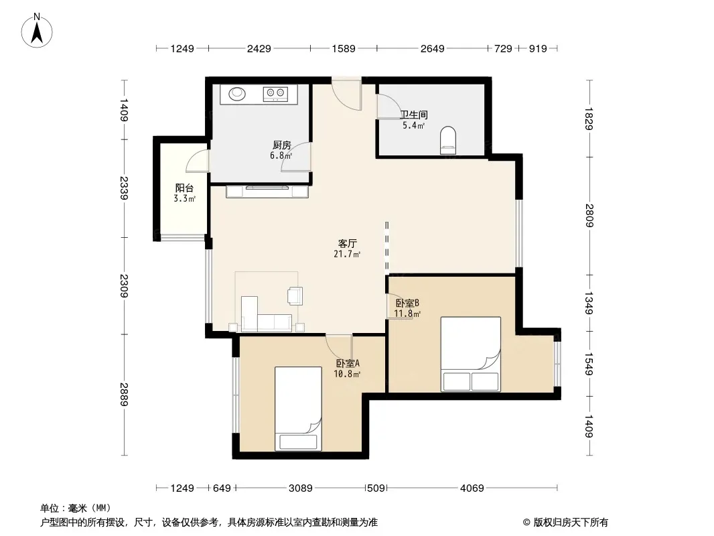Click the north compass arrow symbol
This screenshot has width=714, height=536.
pos(37,30)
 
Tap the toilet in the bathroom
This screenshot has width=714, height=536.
pos(448,140)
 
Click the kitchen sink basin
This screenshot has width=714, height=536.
pos(237,94)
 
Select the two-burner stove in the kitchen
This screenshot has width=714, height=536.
pos(275,94)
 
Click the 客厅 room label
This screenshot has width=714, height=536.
pos(347,244)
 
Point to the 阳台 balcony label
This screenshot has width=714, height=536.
pos(184,188)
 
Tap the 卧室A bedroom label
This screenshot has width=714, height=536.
pos(348,363)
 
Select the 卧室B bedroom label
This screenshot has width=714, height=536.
pos(407,303)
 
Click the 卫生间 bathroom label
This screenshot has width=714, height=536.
pos(414,115)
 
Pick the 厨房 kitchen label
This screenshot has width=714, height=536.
pos(282,145)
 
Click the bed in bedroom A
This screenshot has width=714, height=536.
pos(298,409)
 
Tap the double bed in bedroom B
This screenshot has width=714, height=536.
pos(470,354)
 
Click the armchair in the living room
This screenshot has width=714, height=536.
pos(295,295)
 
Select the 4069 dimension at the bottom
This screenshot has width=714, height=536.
pos(472,488)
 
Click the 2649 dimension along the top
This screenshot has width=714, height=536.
pos(432,49)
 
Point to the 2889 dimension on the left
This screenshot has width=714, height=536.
pos(124,395)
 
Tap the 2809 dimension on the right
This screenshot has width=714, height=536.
pos(589,215)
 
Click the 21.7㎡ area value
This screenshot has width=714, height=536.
pos(347,254)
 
